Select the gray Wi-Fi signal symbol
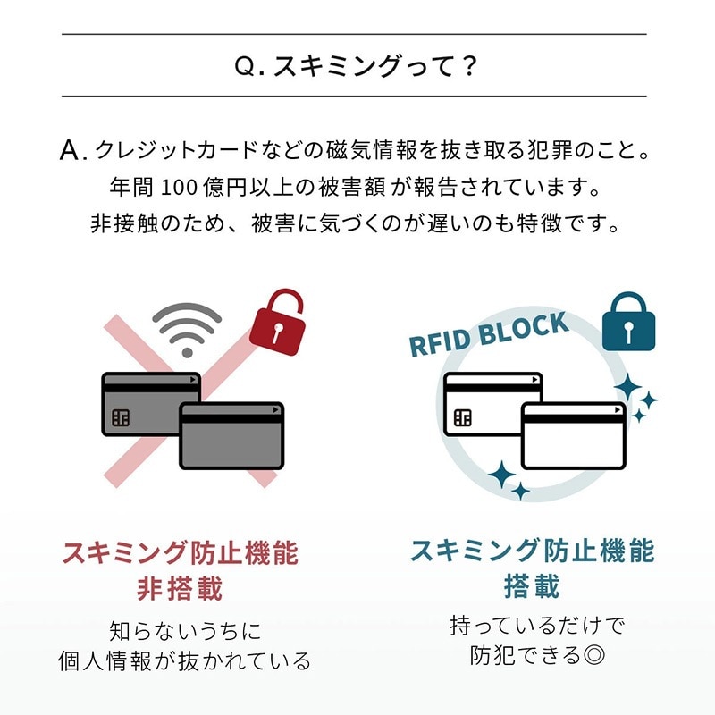point(187,328)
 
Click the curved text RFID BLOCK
point(488,334)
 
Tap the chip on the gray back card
point(121,417)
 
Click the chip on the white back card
point(463,417)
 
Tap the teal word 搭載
point(532,587)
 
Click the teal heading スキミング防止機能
point(532,551)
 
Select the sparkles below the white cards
point(507,481)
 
